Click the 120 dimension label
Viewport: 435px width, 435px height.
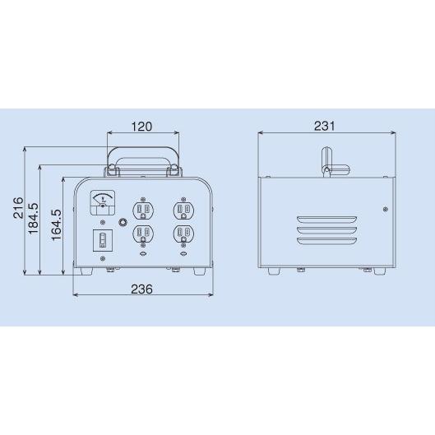click(142, 127)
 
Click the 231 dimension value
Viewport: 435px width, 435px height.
click(324, 126)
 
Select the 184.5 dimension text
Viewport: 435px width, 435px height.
click(34, 220)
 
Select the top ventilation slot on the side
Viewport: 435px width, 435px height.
click(327, 220)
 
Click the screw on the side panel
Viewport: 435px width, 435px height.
click(384, 210)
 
